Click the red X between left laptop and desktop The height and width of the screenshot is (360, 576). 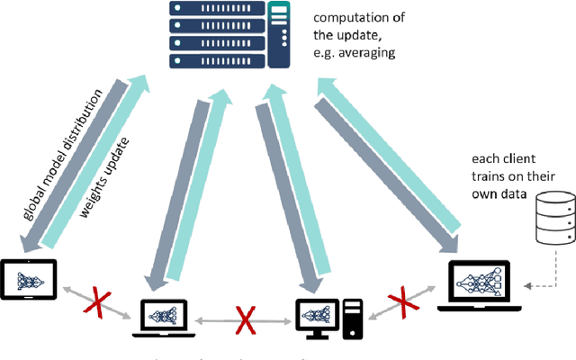pyautogui.click(x=243, y=319)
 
